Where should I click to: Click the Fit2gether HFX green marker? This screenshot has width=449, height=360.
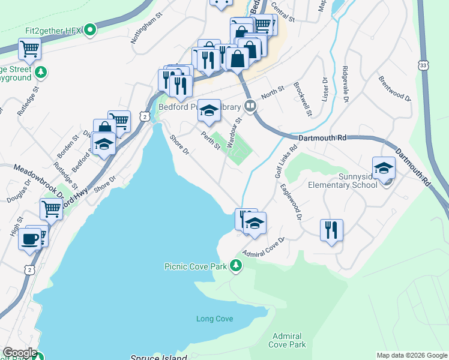[x=90, y=29]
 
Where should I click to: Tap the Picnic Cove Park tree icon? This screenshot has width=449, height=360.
[x=237, y=265]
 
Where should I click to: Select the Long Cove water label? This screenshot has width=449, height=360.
[x=214, y=318]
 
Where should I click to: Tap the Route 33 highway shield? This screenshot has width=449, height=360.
[x=424, y=65]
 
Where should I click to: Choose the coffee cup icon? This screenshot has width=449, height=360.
[x=30, y=239]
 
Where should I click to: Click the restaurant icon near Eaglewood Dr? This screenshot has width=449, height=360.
[x=331, y=230]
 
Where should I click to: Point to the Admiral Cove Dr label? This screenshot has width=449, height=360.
[x=264, y=246]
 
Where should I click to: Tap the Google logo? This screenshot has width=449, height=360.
[x=19, y=353]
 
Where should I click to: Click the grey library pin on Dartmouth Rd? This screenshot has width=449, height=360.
[x=250, y=107]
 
